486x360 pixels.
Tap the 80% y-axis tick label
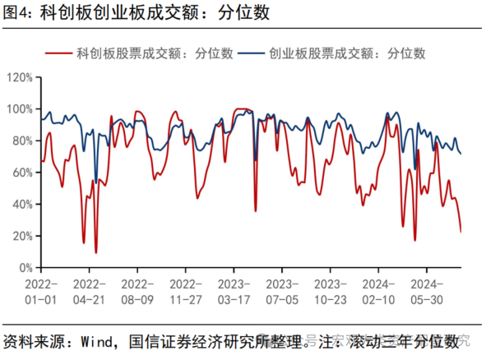point(21,141)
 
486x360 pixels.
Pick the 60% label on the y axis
point(21,173)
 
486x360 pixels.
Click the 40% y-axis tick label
point(21,205)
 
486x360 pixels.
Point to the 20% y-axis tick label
point(21,236)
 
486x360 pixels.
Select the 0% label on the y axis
point(24,268)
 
